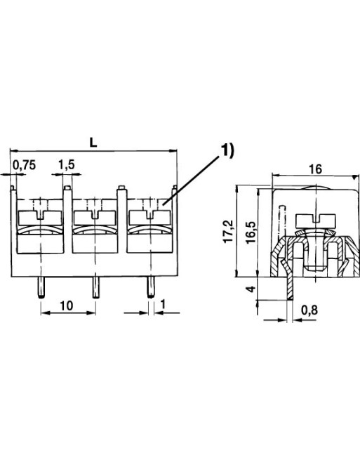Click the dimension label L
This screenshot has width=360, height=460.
click(93, 143)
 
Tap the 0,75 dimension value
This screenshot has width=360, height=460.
click(25, 165)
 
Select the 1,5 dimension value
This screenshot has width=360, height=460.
click(67, 165)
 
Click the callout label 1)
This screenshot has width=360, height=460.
click(227, 151)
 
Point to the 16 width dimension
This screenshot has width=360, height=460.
click(316, 169)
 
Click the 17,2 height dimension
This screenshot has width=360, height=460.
click(228, 231)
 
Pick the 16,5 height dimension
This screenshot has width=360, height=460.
click(251, 232)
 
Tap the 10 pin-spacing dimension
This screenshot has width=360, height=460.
click(67, 305)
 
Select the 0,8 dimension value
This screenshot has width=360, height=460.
click(309, 310)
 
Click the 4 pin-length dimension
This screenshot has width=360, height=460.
click(251, 289)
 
